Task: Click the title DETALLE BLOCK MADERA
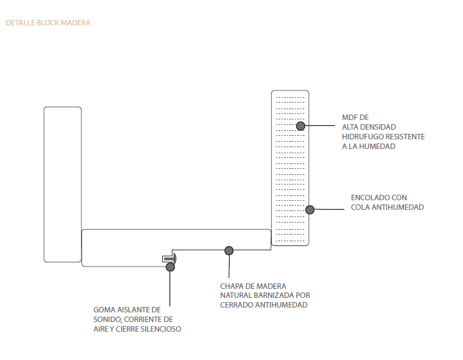coord(48,23)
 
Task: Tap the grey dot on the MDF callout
coord(301,126)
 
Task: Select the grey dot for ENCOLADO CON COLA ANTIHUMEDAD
coord(310,210)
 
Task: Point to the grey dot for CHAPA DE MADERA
coord(229,251)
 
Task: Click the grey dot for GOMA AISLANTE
coord(170,267)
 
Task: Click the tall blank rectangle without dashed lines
coord(63,185)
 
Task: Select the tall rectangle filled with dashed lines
coord(290,168)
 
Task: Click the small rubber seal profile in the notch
coord(169,259)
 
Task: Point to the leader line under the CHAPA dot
coord(229,267)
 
